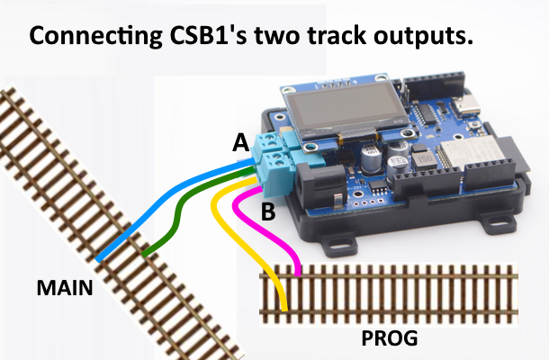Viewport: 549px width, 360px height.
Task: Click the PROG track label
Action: click(x=390, y=339)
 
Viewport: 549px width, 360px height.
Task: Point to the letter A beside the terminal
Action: click(x=239, y=142)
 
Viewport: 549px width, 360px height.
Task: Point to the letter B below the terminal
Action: click(x=267, y=213)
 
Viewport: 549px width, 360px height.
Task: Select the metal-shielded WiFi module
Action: click(x=468, y=157)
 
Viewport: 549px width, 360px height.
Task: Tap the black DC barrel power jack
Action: click(x=319, y=184)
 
